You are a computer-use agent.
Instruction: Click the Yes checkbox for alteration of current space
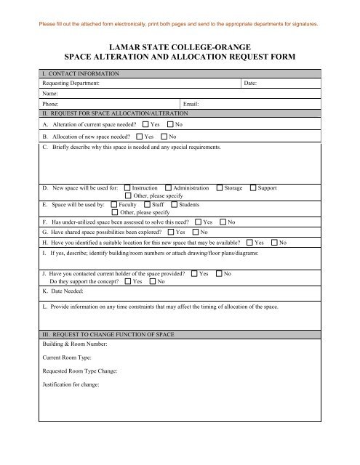pyautogui.click(x=146, y=125)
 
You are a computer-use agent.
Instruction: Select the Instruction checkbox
pyautogui.click(x=128, y=188)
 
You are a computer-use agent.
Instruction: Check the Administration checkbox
pyautogui.click(x=169, y=188)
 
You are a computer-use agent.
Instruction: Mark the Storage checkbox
pyautogui.click(x=220, y=188)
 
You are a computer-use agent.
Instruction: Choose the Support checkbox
pyautogui.click(x=253, y=188)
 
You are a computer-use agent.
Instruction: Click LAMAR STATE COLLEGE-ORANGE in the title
pyautogui.click(x=180, y=44)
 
